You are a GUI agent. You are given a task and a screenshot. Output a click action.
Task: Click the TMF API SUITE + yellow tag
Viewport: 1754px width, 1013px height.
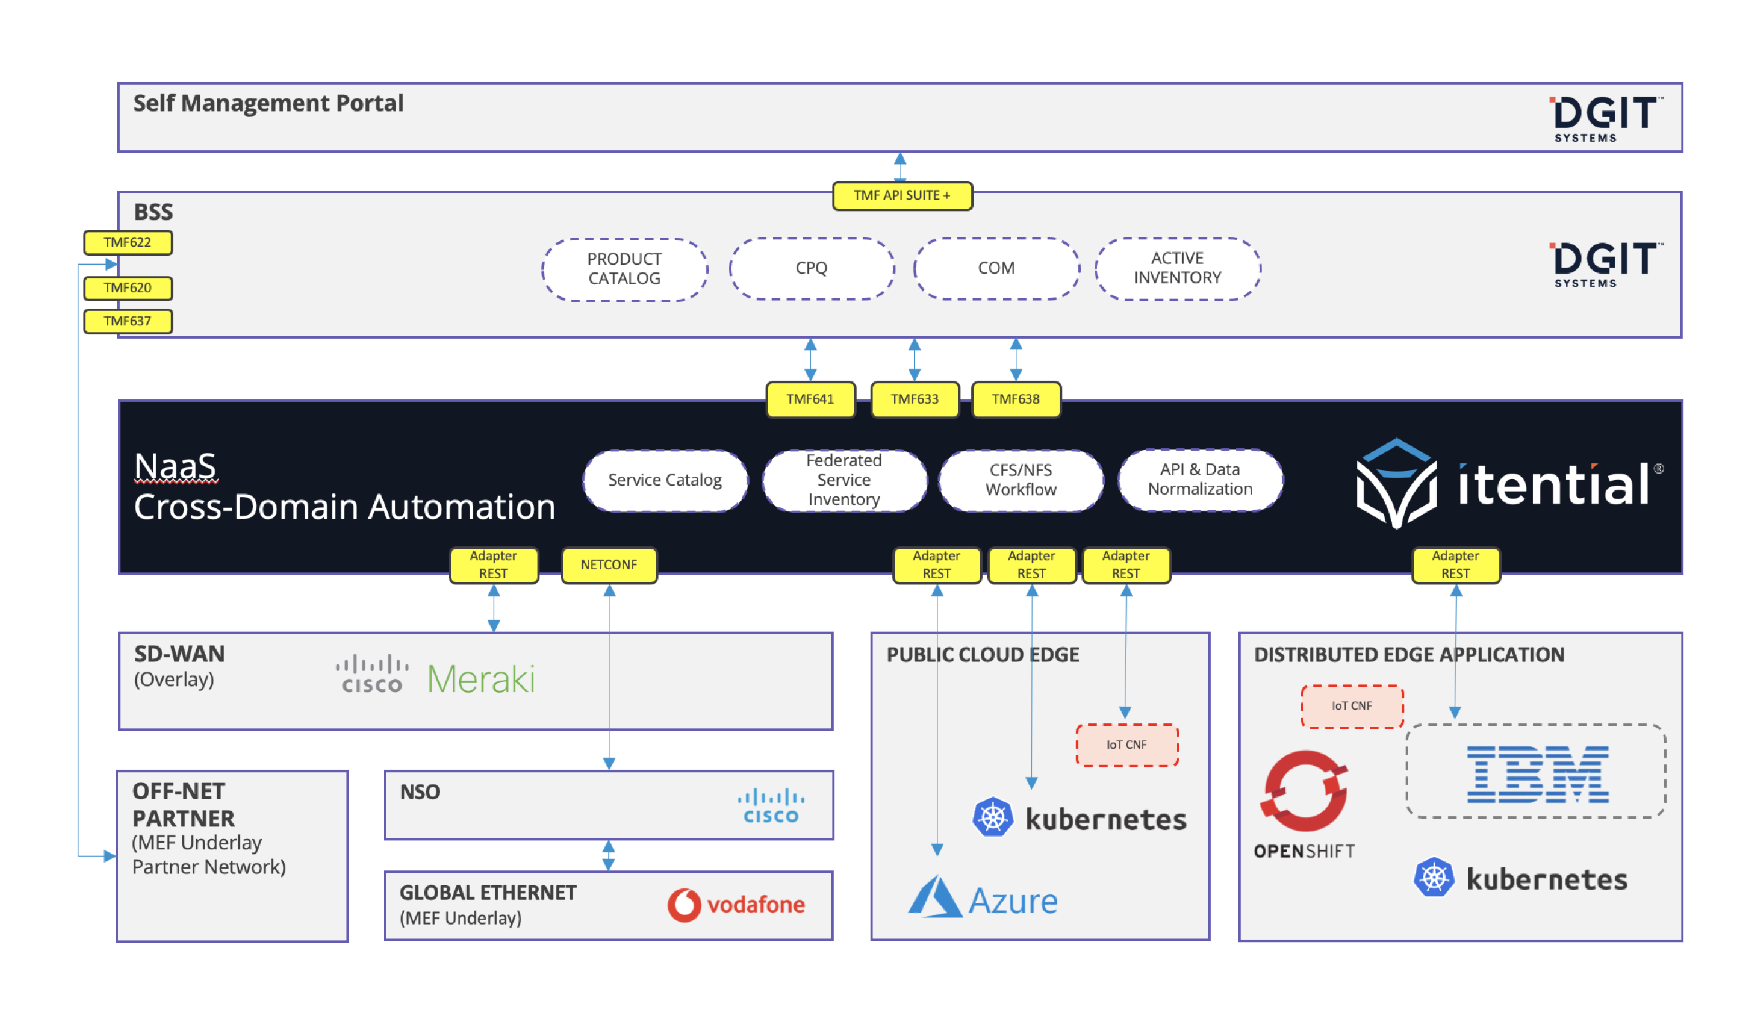pos(902,195)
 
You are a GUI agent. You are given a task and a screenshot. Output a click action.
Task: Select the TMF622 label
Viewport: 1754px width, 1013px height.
pos(128,243)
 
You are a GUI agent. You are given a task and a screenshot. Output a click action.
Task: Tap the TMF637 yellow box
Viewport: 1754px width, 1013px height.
pos(128,322)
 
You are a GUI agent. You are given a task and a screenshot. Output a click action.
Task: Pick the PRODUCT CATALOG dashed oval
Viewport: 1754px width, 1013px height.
pos(624,269)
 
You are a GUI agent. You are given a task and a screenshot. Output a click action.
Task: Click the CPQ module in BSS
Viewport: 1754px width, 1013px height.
pos(811,269)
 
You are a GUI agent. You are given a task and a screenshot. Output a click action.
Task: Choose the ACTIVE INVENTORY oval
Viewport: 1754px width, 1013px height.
pos(1177,269)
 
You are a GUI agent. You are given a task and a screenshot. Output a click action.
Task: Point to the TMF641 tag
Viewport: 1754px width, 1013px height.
pos(810,399)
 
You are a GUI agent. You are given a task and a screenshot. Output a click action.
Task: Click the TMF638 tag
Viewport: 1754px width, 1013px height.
pos(1016,399)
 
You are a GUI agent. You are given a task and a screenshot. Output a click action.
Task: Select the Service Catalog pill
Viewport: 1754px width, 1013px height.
pos(665,480)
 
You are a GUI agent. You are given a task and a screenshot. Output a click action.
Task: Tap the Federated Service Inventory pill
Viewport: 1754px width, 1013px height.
pos(844,480)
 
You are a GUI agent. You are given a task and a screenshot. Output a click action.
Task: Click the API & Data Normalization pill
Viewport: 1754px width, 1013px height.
pos(1200,480)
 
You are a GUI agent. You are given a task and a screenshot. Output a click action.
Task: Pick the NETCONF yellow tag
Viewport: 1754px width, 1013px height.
pos(609,565)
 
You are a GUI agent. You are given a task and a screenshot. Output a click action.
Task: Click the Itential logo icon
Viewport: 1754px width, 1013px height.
pos(1396,483)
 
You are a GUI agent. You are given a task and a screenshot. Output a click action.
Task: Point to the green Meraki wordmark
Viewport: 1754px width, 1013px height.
pos(481,679)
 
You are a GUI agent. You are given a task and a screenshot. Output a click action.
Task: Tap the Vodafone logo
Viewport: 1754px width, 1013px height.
pos(736,905)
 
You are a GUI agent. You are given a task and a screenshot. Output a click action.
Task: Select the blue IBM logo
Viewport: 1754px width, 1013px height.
pos(1537,774)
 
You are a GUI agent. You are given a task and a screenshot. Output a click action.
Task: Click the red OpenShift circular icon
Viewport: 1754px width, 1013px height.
pos(1304,791)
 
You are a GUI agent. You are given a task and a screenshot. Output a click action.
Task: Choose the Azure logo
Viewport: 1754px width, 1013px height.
pos(983,898)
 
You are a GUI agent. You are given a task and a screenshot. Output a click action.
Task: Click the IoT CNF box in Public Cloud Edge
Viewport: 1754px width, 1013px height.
pos(1127,745)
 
